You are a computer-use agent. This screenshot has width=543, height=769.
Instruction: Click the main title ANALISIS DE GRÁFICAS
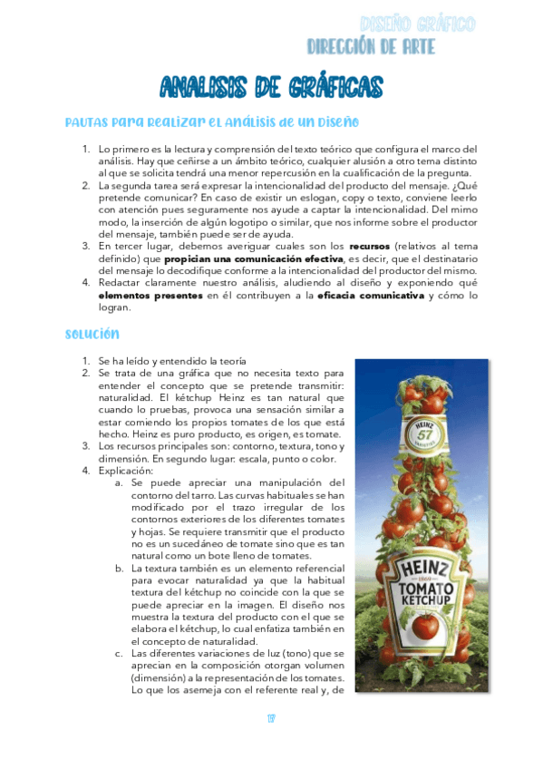coord(271,87)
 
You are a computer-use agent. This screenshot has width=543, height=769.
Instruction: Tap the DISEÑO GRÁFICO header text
coord(417,24)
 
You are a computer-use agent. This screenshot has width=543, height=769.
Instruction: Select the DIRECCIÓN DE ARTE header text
coord(371,46)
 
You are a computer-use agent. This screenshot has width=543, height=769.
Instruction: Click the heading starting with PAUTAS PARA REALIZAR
coord(212,122)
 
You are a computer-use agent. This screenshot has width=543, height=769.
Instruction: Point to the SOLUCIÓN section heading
coord(92,335)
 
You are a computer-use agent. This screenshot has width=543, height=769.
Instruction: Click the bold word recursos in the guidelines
coord(373,246)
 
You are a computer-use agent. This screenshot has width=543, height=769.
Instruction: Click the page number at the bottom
coord(271,720)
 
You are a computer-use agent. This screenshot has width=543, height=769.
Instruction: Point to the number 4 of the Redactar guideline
coord(85,283)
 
